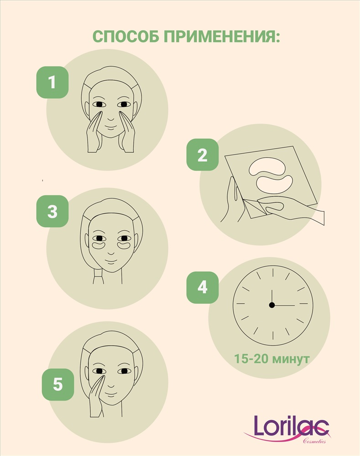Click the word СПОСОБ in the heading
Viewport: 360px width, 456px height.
126,36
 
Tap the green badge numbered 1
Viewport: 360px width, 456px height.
52,82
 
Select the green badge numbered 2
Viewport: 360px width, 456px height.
202,155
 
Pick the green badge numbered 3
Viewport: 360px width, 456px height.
52,211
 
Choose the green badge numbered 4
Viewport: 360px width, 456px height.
202,287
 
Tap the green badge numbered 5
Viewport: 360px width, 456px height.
58,384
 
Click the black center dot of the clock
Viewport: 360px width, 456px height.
272,305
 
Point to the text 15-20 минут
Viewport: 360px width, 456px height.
271,358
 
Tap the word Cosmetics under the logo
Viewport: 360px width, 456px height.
314,441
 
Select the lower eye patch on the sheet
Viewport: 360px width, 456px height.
275,185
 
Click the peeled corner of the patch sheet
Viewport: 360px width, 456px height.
253,207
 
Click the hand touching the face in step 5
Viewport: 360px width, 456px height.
96,397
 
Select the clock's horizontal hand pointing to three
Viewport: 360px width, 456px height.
284,306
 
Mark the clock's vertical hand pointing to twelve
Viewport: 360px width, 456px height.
272,297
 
